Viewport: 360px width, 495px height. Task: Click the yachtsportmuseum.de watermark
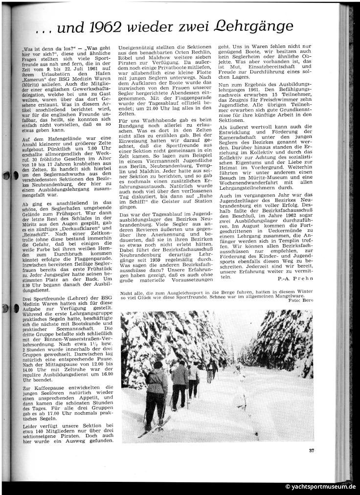[320, 487]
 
